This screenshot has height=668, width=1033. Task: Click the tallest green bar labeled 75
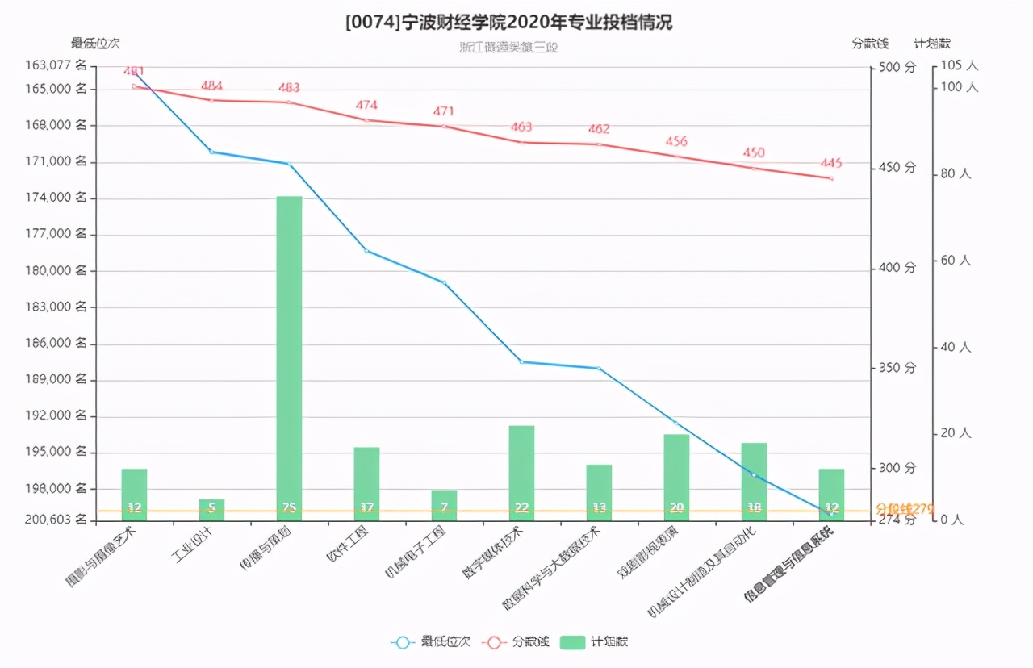[289, 355]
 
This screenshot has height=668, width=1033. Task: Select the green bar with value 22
[521, 472]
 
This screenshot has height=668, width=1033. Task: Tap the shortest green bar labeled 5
[211, 509]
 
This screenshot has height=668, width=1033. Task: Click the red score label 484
[211, 86]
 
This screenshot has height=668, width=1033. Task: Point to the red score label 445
[830, 163]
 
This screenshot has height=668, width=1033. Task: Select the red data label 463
[521, 127]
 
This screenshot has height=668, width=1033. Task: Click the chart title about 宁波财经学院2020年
[508, 22]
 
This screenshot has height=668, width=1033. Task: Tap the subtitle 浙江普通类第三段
[508, 47]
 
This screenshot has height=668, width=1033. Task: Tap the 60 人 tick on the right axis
[956, 261]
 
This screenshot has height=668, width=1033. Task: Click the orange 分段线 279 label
[904, 509]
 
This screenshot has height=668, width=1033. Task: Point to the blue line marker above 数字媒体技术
[521, 361]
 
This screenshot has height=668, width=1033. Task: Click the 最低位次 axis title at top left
[95, 43]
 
